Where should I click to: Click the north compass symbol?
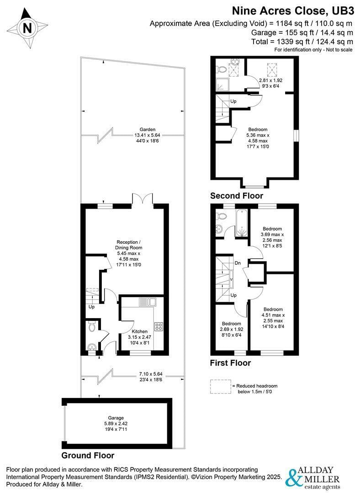point(27,28)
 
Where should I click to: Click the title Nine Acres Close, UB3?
point(292,10)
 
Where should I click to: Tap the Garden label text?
point(148,129)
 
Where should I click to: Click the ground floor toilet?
point(92,326)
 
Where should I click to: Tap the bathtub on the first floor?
point(241,224)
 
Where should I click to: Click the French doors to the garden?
point(143,199)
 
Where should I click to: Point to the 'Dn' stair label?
point(238,263)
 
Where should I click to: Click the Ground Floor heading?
point(88,455)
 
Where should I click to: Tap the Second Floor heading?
point(236,195)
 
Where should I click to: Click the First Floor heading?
point(230,363)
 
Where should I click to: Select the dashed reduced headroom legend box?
point(220,386)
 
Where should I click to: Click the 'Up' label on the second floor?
point(233,101)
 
